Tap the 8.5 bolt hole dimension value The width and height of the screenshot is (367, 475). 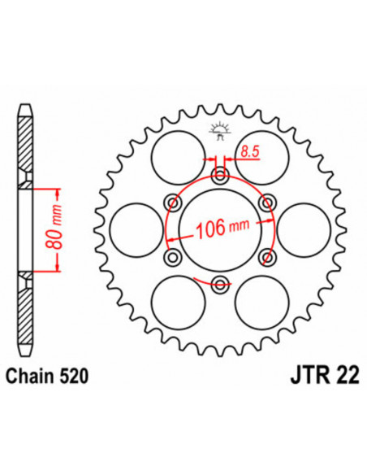pos(248,150)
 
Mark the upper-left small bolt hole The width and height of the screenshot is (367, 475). pos(171,202)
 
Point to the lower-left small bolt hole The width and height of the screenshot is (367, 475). pos(171,257)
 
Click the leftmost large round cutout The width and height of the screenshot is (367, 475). pos(133,229)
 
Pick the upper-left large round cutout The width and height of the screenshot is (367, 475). pos(176,155)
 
